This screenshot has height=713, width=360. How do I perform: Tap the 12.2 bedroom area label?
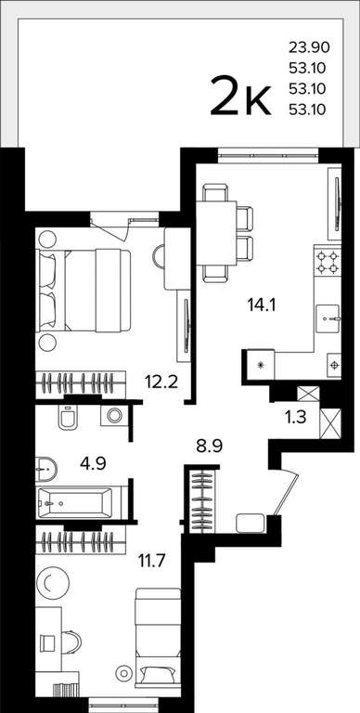coord(161,379)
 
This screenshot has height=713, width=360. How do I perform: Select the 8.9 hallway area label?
coord(209,447)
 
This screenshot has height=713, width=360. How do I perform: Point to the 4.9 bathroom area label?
coord(93,464)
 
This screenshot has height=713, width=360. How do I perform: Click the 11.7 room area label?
coord(152,556)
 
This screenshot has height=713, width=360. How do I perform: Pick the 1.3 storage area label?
coord(297,417)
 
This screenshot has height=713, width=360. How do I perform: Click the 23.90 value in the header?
coord(308,46)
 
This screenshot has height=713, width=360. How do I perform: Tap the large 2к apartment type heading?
coord(241,96)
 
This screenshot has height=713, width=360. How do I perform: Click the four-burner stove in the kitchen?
coord(328,262)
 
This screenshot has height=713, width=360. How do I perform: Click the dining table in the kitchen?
coord(216,233)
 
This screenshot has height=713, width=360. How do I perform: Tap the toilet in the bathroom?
coord(67,417)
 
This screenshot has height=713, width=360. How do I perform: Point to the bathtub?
coord(74,502)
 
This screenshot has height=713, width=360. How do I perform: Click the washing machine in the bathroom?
coord(112,415)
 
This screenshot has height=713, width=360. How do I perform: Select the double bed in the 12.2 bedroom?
coord(84,290)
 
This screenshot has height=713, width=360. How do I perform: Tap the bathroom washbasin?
coord(45,469)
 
